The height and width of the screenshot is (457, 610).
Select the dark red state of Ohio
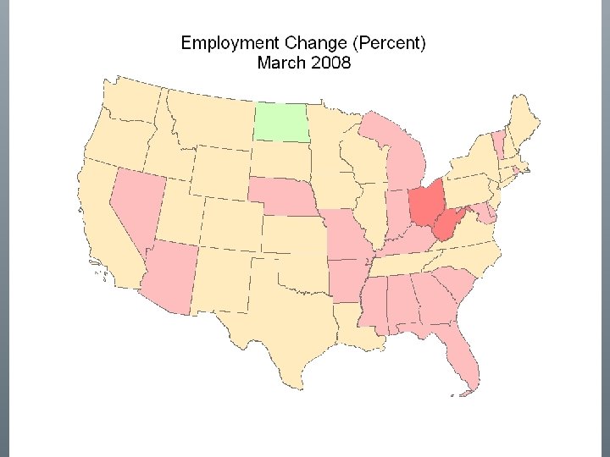click(425, 202)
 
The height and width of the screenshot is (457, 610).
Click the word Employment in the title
click(224, 42)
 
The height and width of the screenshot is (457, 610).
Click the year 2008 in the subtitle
click(330, 62)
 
